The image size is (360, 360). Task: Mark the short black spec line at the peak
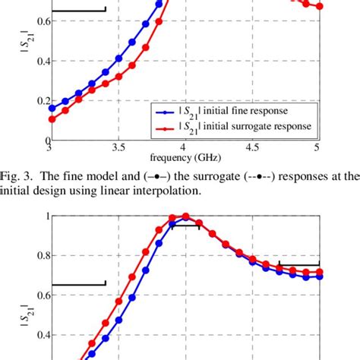[185, 225]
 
